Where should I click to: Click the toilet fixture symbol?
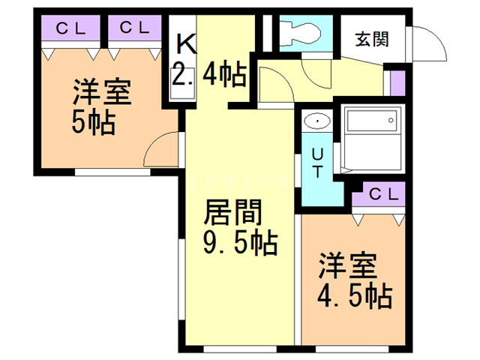pos(300,32)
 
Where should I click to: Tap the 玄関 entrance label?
pos(372,39)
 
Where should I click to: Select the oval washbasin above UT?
pos(317,121)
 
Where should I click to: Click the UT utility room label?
pos(317,163)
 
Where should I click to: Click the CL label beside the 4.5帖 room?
pos(384,193)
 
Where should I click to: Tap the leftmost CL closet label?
pos(70,28)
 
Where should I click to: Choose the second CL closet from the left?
pos(135,28)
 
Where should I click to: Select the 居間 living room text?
pos(232,212)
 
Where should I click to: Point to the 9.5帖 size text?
pos(241,244)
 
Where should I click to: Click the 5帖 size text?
pos(93,123)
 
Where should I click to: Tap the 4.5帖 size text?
pos(355,296)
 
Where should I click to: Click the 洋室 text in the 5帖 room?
pos(102,91)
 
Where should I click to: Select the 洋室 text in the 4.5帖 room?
pos(348,265)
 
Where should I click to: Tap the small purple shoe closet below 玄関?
pos(397,83)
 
